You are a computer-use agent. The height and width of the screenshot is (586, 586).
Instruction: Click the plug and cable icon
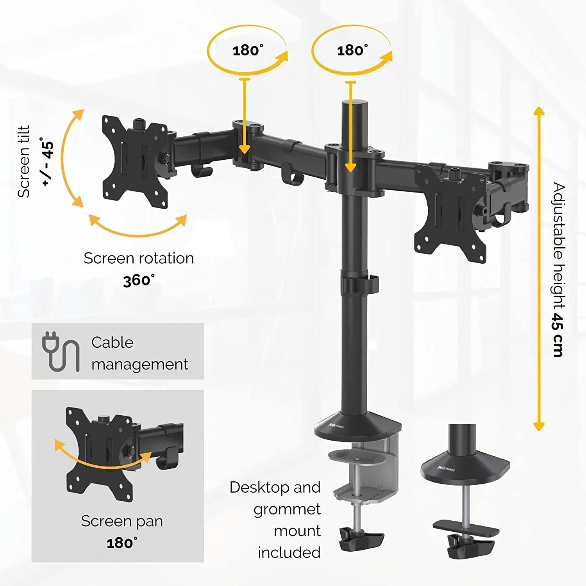[x=60, y=352]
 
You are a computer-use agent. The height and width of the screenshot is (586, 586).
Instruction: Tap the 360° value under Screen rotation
[x=139, y=280]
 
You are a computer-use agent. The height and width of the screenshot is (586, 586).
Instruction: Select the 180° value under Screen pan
[x=122, y=543]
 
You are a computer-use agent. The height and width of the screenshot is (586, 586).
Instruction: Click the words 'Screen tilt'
[x=23, y=161]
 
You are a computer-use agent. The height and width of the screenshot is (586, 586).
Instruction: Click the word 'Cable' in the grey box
[x=113, y=342]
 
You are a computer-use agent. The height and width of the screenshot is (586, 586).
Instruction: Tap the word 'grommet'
[x=287, y=509]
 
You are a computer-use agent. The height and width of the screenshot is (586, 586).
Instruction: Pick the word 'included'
[x=289, y=552]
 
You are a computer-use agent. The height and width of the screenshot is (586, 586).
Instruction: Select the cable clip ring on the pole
[x=359, y=284]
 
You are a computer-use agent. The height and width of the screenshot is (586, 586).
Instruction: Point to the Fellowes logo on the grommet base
[x=446, y=468]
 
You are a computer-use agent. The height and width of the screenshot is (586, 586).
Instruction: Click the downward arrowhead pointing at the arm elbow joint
[x=245, y=149]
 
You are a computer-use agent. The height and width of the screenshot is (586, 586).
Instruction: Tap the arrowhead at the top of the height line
[x=539, y=111]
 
